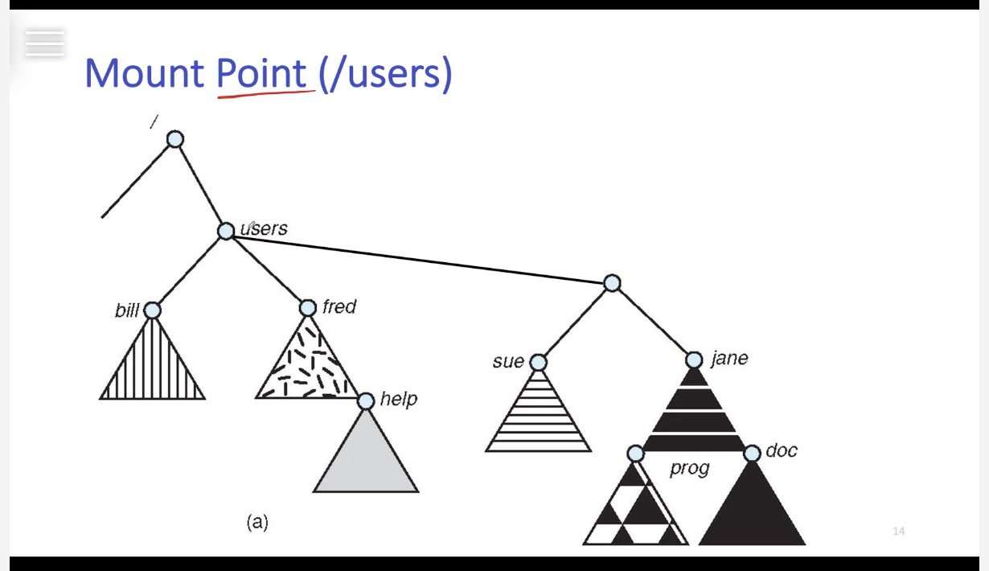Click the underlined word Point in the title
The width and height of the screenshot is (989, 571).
pos(261,73)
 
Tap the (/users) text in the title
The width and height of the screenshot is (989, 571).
pos(385,73)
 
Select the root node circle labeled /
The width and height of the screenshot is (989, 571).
pos(175,140)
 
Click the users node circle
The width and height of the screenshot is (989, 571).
pos(227,232)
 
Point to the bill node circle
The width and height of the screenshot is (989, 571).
pos(152,310)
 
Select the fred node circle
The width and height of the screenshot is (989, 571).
pos(308,308)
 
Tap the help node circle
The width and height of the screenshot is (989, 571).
pos(366,401)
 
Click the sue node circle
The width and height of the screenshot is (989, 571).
pos(538,363)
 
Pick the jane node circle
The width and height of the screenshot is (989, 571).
pos(694,359)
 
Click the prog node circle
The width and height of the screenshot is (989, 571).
pos(635,454)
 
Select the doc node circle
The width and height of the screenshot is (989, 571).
pos(752,454)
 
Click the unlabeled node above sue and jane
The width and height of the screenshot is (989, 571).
pos(612,283)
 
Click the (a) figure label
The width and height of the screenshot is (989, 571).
pos(257,522)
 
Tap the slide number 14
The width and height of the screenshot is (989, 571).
pos(899,531)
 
